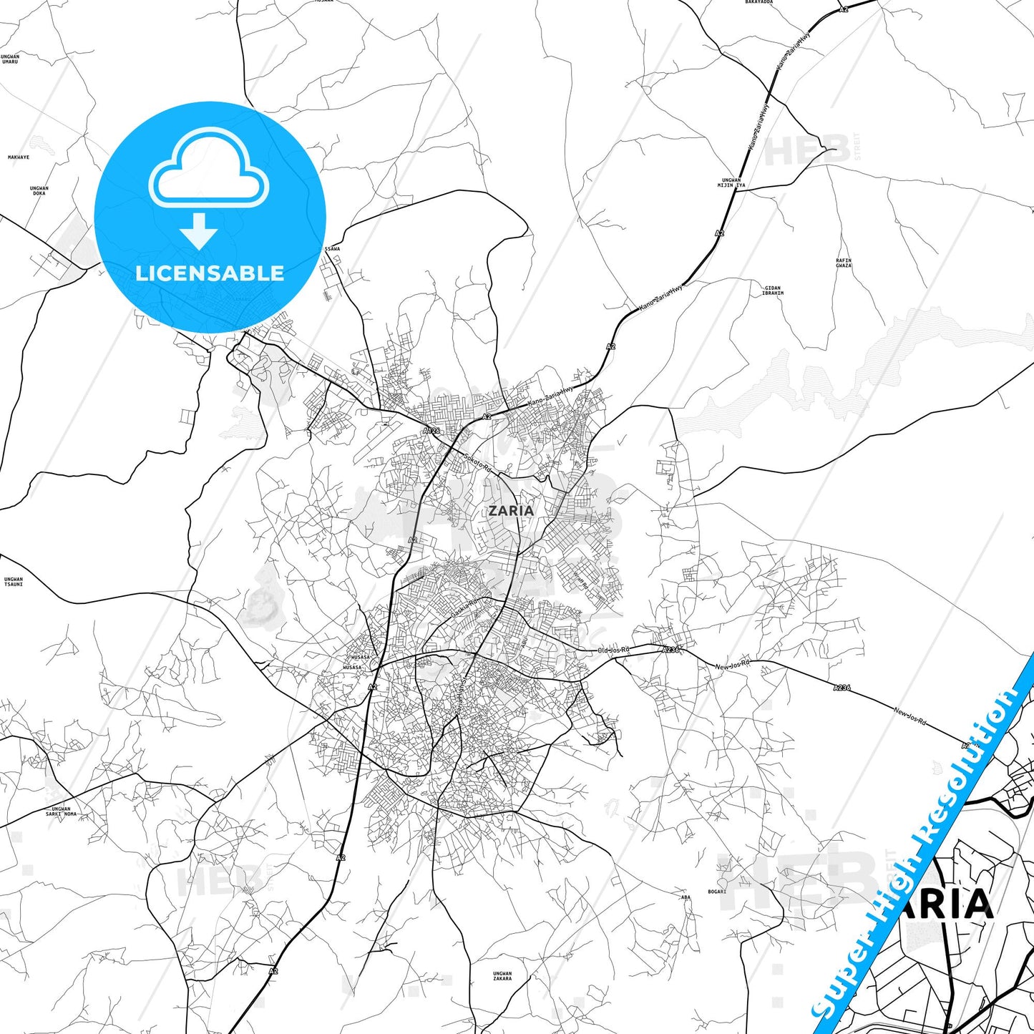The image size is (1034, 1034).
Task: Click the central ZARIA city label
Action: [510, 510]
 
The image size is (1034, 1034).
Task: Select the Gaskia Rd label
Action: [463, 609]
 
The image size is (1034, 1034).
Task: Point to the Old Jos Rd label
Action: [613, 650]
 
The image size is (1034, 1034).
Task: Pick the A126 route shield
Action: [431, 431]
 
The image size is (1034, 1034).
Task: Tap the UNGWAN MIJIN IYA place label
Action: [731, 182]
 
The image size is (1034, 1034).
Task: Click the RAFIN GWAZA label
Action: [844, 263]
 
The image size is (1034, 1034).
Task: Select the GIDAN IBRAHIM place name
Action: [773, 291]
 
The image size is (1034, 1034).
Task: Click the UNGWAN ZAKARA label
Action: [502, 976]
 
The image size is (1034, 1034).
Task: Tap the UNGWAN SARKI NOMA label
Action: [62, 811]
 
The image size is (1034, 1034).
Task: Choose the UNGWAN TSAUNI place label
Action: [14, 582]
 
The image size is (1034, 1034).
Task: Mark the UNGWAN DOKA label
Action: [39, 190]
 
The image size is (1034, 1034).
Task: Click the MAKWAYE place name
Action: [19, 157]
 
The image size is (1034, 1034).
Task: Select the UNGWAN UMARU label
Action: [10, 59]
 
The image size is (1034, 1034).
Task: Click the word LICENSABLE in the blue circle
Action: [210, 273]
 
